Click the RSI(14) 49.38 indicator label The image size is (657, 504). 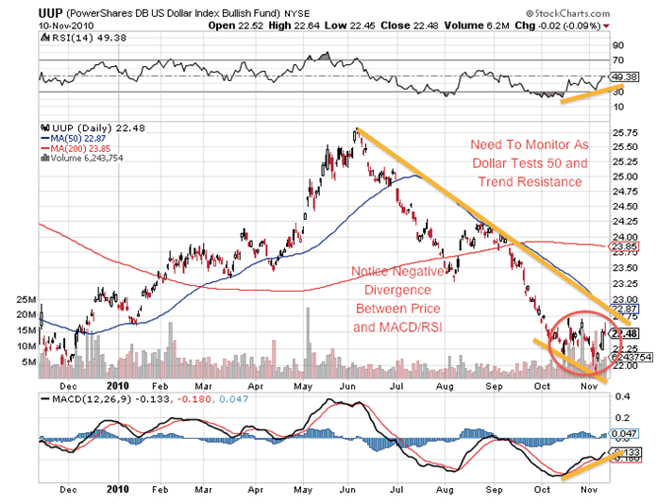point(82,39)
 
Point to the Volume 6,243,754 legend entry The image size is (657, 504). point(91,159)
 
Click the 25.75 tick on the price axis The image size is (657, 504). point(622,134)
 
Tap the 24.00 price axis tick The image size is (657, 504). point(622,237)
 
